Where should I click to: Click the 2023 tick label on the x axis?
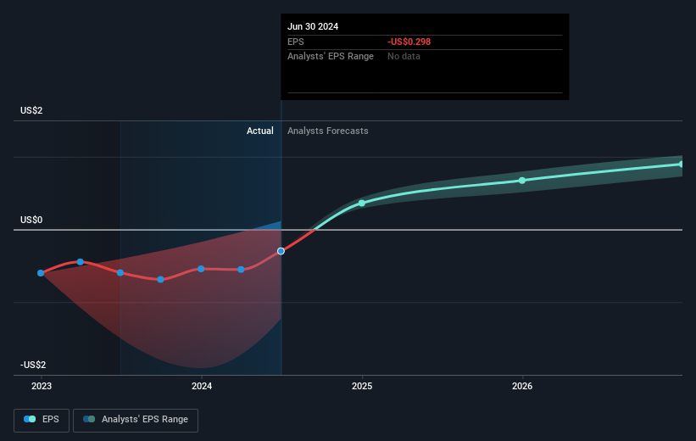[x=41, y=386]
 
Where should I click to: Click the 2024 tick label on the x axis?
[x=202, y=386]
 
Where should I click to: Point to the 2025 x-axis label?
[x=362, y=386]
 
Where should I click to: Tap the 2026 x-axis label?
[x=522, y=386]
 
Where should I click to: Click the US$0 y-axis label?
[x=32, y=220]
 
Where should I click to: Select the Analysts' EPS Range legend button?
[x=136, y=420]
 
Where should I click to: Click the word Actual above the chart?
[x=260, y=131]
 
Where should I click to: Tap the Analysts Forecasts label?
[x=328, y=131]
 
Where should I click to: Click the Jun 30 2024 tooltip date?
[x=313, y=26]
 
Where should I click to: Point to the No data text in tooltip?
[x=404, y=56]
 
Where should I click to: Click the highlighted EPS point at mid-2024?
[x=281, y=251]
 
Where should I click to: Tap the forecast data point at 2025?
[x=362, y=203]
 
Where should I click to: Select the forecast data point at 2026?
[x=522, y=180]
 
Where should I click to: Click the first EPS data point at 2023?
[x=41, y=273]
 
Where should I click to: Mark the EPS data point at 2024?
[x=201, y=269]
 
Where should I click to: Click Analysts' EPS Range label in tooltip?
[x=331, y=56]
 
